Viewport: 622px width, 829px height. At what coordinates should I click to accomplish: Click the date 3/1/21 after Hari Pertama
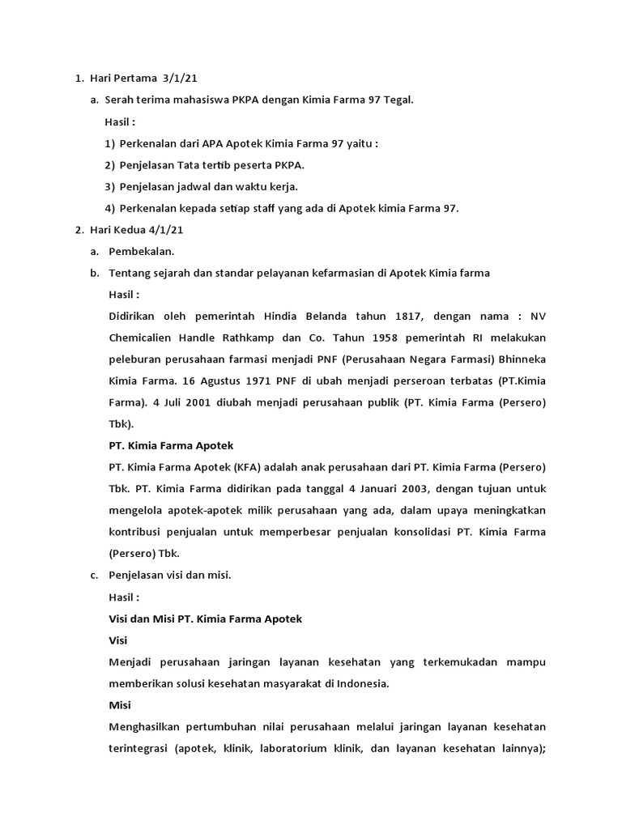(180, 79)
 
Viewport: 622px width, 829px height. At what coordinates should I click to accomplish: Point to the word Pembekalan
(142, 252)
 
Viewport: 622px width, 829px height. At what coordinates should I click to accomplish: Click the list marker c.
(94, 576)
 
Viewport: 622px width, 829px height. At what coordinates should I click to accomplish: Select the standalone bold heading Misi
(120, 705)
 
